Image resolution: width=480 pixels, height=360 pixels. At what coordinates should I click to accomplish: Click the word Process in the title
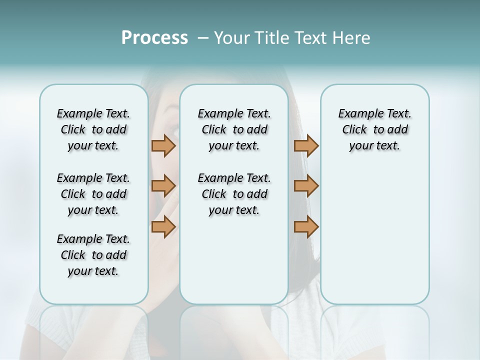154,38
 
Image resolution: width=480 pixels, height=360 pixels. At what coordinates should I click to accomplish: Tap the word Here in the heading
352,38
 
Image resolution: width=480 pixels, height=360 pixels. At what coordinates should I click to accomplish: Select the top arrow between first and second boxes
163,145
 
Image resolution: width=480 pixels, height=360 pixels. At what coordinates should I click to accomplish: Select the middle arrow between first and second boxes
163,186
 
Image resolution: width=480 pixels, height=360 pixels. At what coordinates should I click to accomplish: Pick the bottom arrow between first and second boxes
163,227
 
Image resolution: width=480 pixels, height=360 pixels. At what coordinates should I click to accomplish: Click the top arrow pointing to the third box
306,145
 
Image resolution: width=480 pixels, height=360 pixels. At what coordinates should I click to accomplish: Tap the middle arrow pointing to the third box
306,186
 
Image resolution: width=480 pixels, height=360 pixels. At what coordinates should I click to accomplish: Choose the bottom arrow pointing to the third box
306,227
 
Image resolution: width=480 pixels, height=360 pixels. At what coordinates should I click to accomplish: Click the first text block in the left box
93,129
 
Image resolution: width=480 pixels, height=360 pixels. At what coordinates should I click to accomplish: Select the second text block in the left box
93,194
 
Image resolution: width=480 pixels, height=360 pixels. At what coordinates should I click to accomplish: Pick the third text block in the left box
93,255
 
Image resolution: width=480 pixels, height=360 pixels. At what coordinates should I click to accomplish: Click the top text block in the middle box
234,129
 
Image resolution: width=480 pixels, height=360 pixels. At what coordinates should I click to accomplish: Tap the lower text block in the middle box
234,194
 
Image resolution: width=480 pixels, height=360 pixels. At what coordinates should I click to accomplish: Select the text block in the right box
374,129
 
